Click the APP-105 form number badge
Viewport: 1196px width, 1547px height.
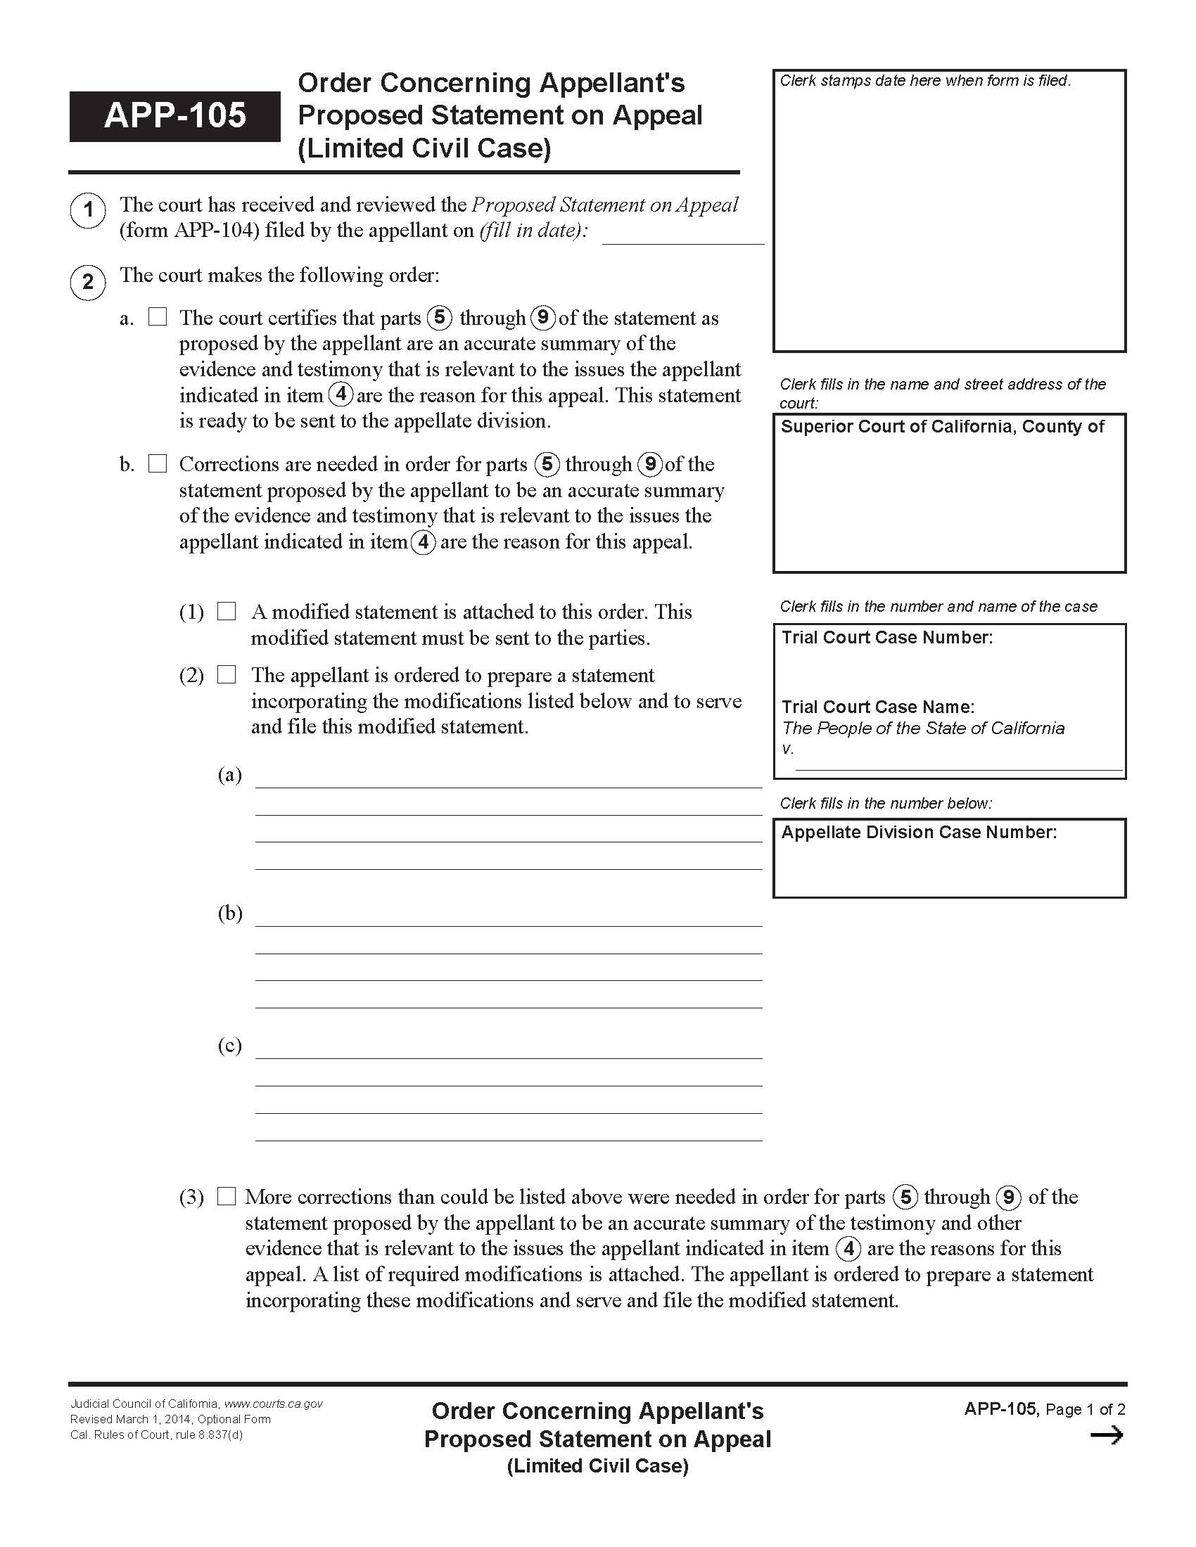174,116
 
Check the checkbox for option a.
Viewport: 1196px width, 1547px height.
158,317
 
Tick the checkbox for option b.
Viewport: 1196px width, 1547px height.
158,464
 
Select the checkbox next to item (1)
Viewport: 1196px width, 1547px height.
226,611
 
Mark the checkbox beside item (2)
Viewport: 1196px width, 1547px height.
226,674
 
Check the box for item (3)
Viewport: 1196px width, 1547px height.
226,1196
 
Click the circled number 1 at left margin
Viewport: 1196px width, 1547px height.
88,210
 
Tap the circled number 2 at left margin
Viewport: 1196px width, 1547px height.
88,282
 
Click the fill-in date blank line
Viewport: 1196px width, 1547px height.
682,236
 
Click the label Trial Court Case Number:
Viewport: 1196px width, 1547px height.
887,638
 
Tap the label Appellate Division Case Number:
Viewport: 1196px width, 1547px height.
919,833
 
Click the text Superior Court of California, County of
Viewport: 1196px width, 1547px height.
942,426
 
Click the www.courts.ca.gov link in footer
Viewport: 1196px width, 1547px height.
274,1404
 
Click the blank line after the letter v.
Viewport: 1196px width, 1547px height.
959,763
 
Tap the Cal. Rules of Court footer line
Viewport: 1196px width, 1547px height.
156,1435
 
